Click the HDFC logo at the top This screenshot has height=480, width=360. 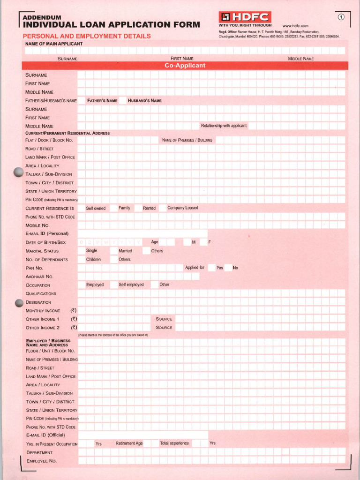pos(244,16)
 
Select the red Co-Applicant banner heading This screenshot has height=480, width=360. pos(185,66)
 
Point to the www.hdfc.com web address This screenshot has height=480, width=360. pos(295,26)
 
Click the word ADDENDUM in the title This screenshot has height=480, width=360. pos(42,17)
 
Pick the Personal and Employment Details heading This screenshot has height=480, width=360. pos(87,36)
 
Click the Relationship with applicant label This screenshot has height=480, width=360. pos(224,126)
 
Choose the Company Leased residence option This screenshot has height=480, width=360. pos(182,208)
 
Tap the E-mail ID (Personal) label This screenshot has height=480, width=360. pos(47,233)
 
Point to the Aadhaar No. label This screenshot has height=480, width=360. pos(39,277)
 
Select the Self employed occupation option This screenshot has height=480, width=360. pos(131,285)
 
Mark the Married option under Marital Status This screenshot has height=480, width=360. pos(125,251)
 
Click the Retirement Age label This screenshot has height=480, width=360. pos(129,443)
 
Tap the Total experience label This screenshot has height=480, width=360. pos(174,443)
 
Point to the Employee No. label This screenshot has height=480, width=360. pos(41,461)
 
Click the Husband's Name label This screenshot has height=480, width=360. pos(144,100)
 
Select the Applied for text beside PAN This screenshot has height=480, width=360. pos(195,268)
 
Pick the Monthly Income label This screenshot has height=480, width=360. pos(43,311)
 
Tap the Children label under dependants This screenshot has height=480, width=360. pos(93,259)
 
